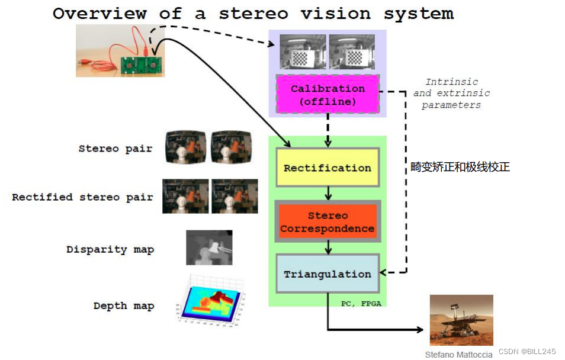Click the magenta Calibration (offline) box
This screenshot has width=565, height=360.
pos(328,95)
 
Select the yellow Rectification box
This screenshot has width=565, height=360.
pos(328,168)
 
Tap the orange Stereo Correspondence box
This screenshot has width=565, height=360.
pos(328,222)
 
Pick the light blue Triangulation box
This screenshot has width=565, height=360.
pos(328,274)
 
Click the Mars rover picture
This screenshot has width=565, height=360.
pos(461,320)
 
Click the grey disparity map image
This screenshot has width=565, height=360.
pos(209,247)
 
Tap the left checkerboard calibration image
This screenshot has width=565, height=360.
pos(303,53)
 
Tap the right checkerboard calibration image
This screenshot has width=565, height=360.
pos(351,53)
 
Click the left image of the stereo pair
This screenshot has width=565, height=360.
pos(186,147)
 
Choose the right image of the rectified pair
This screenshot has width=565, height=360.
pos(235,196)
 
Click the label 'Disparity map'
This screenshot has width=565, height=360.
pos(110,249)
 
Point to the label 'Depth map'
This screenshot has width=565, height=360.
pos(124,306)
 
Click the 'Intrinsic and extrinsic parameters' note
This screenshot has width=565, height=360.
pos(451,94)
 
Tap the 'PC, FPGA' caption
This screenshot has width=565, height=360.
pos(361,303)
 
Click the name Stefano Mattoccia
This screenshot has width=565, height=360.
pos(458,355)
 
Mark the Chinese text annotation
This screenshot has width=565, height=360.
pos(460,167)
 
